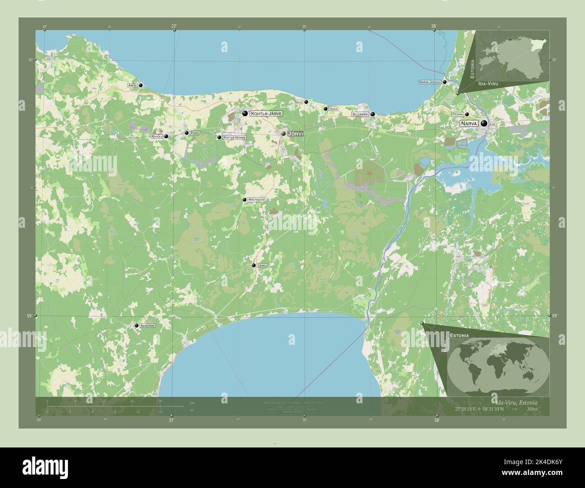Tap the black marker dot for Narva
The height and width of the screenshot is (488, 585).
[484, 123]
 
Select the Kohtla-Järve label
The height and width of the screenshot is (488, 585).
[266, 114]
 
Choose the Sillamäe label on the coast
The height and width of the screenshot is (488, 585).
[360, 114]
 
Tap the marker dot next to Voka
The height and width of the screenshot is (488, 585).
[325, 108]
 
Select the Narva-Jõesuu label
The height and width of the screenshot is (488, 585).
[430, 82]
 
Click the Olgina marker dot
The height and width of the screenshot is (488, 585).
[467, 114]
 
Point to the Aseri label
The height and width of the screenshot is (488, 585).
[132, 85]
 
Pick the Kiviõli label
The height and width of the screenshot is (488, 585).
[157, 136]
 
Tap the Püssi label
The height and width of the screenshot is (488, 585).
[194, 133]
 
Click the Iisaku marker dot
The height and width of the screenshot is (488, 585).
[254, 266]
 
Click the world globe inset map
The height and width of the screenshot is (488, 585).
[498, 365]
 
